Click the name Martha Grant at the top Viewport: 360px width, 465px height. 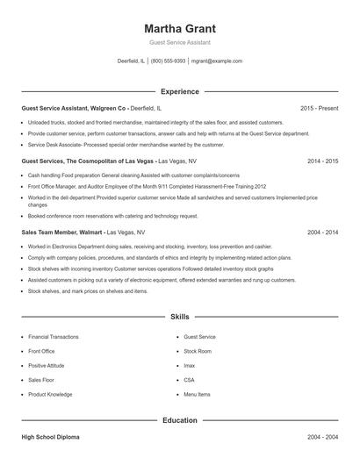180,26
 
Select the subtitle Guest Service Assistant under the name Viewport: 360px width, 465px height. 180,42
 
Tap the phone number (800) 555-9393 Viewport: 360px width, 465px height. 168,61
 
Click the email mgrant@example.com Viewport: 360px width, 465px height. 216,61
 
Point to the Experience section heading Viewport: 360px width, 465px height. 180,91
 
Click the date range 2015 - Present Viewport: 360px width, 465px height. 319,108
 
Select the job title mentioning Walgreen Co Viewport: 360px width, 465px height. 79,108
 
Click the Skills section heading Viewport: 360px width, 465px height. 180,316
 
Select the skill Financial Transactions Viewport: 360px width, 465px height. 53,337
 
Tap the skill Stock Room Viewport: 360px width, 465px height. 198,351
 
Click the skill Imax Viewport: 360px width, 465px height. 190,366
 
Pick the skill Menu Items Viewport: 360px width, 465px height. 198,395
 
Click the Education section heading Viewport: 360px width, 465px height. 180,420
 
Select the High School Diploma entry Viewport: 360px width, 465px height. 54,436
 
